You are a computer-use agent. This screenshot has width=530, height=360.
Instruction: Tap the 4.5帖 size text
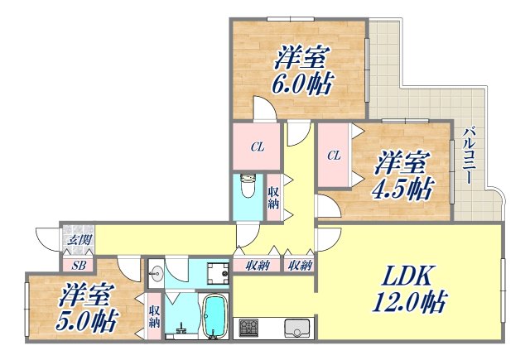pos(404,188)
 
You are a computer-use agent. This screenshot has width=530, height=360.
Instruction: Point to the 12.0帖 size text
pos(409,305)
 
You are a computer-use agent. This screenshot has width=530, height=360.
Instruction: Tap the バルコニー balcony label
pos(468,156)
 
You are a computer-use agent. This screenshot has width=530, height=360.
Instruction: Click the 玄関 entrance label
pos(77,240)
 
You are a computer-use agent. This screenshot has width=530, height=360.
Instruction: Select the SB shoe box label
pos(78,265)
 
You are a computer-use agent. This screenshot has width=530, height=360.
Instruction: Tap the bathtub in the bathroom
pos(214,317)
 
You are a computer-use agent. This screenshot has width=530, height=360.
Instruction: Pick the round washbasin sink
pos(156,271)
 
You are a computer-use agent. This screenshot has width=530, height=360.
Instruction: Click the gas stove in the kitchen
pos(249,329)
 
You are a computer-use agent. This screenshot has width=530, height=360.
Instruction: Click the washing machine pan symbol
pos(217,272)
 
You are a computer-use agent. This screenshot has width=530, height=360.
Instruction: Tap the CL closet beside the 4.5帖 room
pos(334,155)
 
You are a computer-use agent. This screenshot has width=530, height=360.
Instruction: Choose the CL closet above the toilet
pos(258,147)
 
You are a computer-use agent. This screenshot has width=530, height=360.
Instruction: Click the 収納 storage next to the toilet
pos(273,198)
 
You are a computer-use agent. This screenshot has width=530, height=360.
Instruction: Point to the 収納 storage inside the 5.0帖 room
pos(155,315)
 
